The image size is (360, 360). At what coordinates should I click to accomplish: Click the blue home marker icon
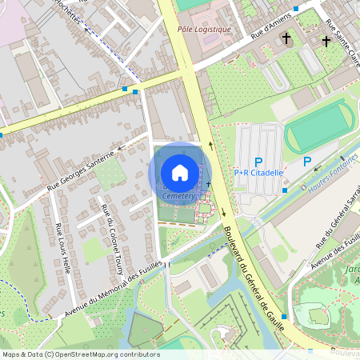point(180,172)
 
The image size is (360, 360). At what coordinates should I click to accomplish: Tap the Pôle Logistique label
point(204,30)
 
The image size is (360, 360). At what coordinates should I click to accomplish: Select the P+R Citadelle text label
point(258,172)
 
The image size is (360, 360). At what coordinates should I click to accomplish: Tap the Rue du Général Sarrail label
point(337,220)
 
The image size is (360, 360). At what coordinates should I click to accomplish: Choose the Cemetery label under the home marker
point(178,195)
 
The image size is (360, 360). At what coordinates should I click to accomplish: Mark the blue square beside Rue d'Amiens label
point(296,8)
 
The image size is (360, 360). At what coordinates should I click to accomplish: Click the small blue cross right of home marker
point(208,185)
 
